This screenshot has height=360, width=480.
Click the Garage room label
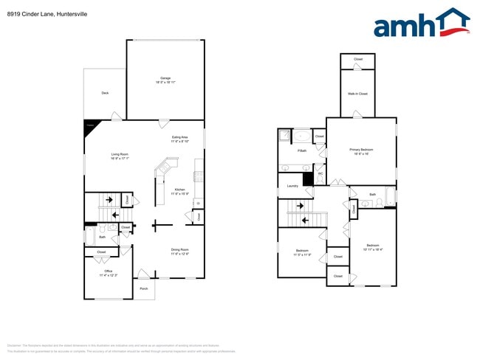coord(165,79)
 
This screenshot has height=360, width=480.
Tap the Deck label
coord(105,93)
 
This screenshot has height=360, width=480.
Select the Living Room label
coord(120,153)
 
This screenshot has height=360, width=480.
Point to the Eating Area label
coord(179,138)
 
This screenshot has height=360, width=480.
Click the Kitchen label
coord(179,190)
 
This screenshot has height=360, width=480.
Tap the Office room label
coord(108,272)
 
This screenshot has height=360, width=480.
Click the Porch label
coord(144,288)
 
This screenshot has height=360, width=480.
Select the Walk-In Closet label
coord(357,94)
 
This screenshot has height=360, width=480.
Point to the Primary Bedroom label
coord(361,150)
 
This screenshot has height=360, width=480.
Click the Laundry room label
coord(292,186)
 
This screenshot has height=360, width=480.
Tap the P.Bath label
coord(301,150)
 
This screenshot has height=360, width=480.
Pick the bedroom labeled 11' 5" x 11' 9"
coord(302,252)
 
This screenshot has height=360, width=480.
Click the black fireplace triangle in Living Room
coord(89,126)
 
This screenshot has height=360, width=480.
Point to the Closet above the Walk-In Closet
coord(357,59)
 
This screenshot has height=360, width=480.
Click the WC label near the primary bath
coord(320,173)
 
